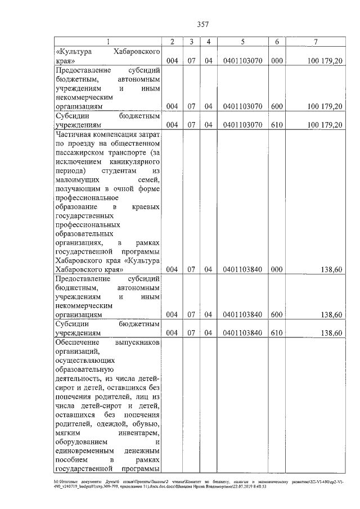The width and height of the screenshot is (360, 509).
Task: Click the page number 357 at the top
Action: pyautogui.click(x=202, y=24)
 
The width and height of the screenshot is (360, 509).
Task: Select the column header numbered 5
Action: pyautogui.click(x=242, y=42)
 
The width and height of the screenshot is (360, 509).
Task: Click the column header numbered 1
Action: pyautogui.click(x=109, y=42)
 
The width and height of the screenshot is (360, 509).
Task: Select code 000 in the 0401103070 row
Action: pyautogui.click(x=276, y=60)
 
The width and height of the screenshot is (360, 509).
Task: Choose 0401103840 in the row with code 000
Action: pyautogui.click(x=242, y=269)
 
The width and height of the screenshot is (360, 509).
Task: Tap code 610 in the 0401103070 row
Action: pyautogui.click(x=276, y=124)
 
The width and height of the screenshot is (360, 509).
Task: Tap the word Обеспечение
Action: pyautogui.click(x=78, y=343)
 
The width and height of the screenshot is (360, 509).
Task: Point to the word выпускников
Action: pyautogui.click(x=138, y=343)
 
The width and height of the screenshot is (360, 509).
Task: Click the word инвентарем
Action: pyautogui.click(x=140, y=433)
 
